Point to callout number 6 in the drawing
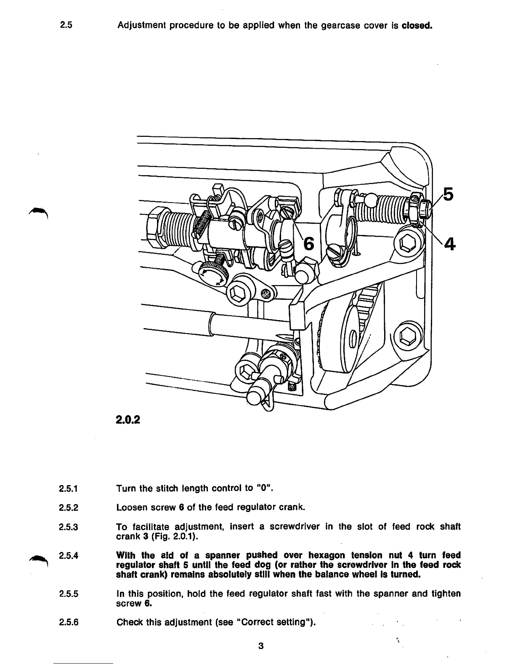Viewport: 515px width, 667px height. [x=309, y=243]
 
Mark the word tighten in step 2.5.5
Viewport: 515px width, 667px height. [x=447, y=594]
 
